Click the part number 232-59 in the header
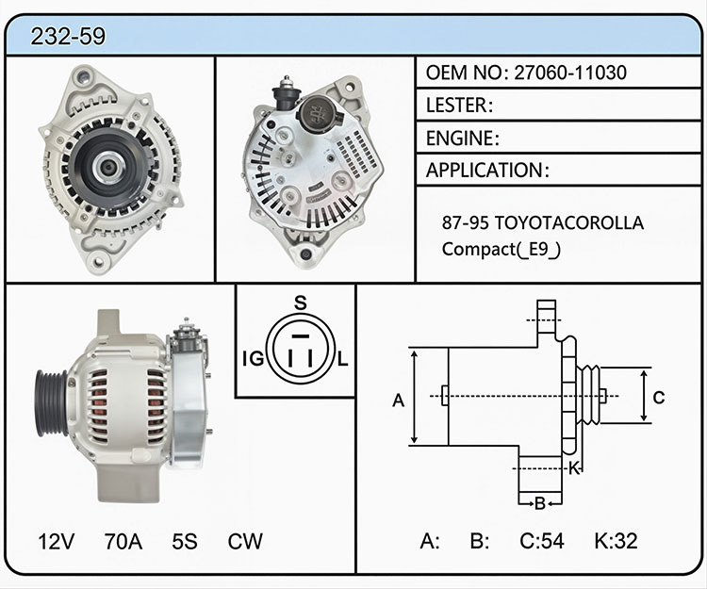tap(68, 36)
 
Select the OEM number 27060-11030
tap(570, 73)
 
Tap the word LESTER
tap(456, 105)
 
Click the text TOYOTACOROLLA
tap(569, 222)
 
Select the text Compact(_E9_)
tap(501, 249)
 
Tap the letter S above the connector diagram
tap(301, 303)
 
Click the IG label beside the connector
tap(253, 359)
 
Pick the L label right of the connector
tap(343, 359)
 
